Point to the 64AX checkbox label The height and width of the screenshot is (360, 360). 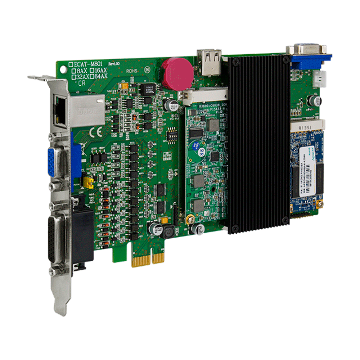[99, 76]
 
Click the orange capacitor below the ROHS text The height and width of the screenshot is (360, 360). [125, 86]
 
